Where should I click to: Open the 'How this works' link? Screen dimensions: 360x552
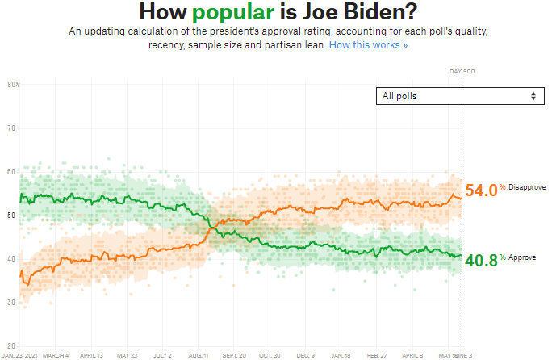[368, 45]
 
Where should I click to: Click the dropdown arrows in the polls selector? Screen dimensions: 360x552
[533, 96]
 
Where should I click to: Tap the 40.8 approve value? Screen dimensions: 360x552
[480, 260]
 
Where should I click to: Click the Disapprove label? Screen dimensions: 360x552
[527, 187]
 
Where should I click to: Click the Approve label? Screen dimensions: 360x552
[522, 257]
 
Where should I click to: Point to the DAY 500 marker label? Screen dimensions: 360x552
[462, 72]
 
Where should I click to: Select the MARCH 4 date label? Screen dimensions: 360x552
[55, 355]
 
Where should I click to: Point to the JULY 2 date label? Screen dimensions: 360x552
[164, 355]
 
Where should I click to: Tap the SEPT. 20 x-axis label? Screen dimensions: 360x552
[233, 355]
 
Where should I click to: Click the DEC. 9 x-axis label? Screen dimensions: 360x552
[306, 355]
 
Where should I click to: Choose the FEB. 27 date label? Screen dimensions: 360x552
[378, 355]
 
